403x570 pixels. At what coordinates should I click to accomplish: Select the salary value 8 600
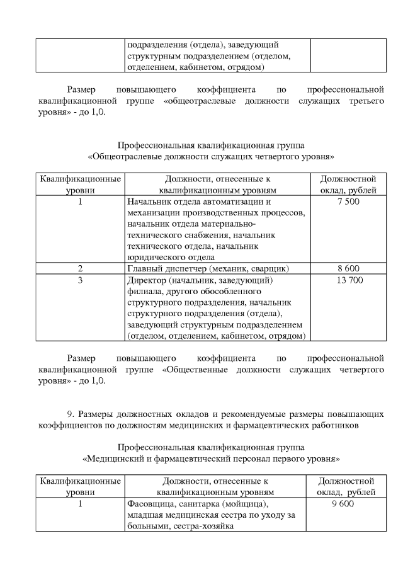click(x=348, y=268)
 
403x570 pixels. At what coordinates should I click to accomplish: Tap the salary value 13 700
click(x=348, y=280)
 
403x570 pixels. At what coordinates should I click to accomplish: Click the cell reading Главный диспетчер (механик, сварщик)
click(x=208, y=268)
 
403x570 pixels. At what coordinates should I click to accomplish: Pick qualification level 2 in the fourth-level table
click(x=80, y=268)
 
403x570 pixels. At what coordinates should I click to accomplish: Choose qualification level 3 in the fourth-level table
click(x=80, y=280)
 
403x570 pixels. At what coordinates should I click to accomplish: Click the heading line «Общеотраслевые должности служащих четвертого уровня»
click(x=212, y=156)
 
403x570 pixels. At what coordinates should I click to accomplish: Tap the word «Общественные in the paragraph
click(x=195, y=370)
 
